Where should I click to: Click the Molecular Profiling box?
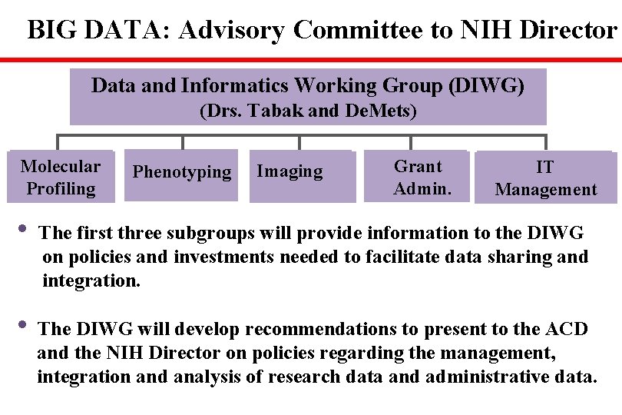tap(61, 177)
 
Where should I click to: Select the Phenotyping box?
tap(182, 174)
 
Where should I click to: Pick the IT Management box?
tap(545, 178)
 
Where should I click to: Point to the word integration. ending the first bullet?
tap(91, 281)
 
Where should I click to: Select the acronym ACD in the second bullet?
tap(567, 329)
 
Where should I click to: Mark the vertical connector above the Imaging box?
tap(299, 142)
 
